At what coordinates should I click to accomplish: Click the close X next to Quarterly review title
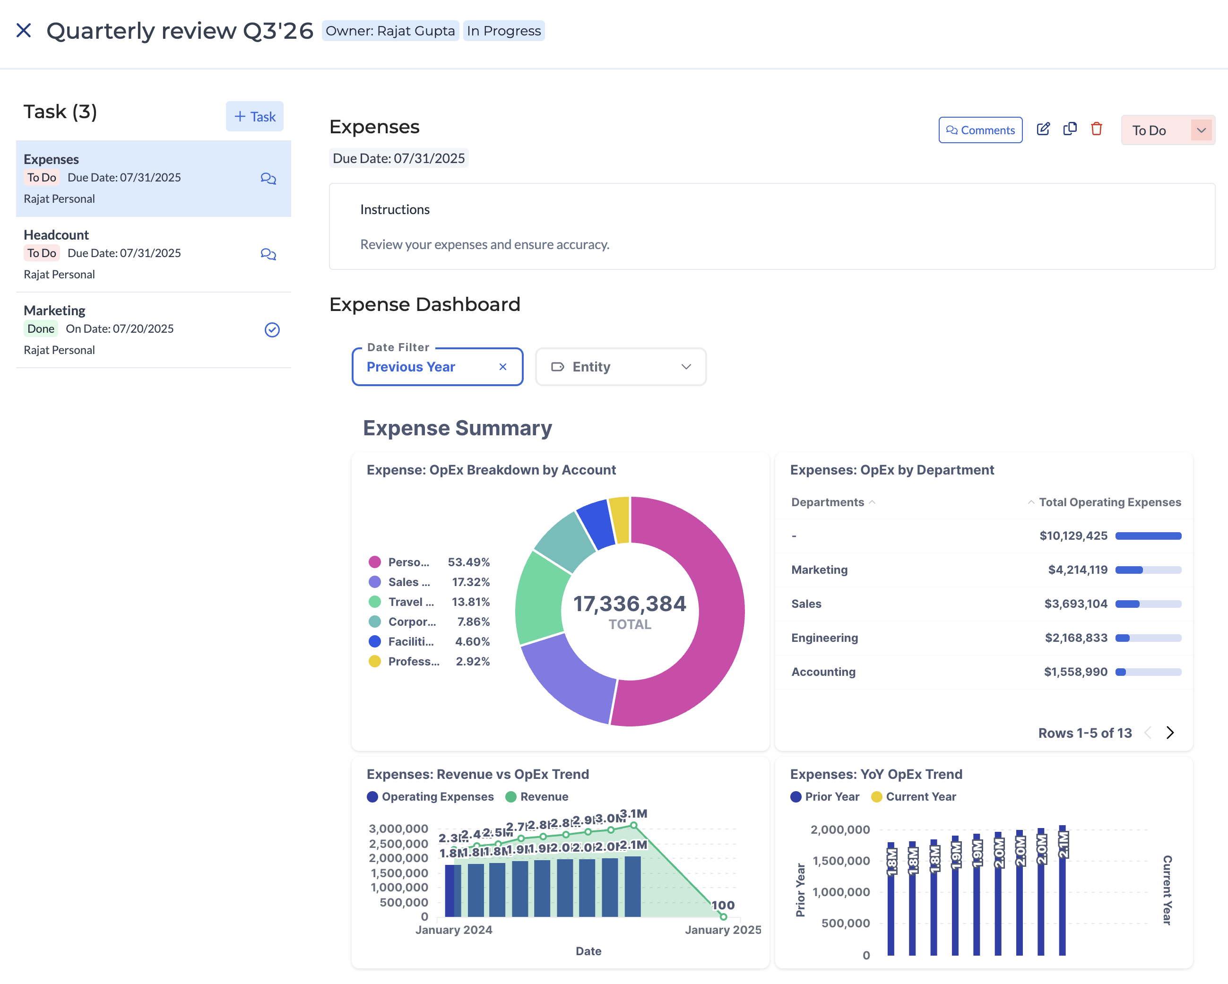[23, 30]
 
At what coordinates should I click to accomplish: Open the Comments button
[980, 130]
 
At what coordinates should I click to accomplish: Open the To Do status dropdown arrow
[1201, 130]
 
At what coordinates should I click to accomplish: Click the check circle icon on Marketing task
[272, 330]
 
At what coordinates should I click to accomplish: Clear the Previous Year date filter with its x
[502, 367]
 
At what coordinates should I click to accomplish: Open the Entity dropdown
[620, 367]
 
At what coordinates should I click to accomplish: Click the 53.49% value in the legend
[468, 562]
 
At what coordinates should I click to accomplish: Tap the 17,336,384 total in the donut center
[630, 604]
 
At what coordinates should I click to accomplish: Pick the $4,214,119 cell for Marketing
[1077, 570]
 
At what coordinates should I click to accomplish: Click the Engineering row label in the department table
[824, 638]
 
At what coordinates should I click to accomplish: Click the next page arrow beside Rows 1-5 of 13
[1169, 733]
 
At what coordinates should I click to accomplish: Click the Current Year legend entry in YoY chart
[914, 797]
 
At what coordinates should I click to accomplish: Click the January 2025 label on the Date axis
[722, 930]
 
